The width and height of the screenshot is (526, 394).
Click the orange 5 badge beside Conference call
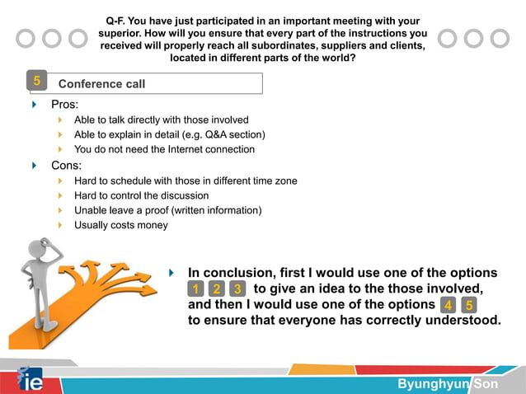(36, 81)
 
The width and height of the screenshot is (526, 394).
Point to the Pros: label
(65, 105)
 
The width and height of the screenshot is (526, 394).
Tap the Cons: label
(67, 165)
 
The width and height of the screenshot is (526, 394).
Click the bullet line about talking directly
(161, 120)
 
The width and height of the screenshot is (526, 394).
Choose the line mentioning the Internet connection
(164, 149)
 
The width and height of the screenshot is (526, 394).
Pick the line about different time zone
(186, 181)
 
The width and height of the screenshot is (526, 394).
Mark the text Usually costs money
(120, 225)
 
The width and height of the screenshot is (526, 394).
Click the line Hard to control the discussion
(141, 195)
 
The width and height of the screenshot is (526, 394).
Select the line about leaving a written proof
(167, 210)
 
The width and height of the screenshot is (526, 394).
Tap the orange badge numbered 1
(195, 288)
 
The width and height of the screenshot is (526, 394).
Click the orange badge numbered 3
(237, 288)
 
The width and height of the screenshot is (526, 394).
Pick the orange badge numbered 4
(447, 305)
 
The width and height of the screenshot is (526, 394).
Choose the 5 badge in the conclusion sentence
(468, 305)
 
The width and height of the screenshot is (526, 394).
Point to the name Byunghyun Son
(448, 384)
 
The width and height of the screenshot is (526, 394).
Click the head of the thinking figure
(41, 249)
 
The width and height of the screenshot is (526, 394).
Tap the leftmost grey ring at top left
(26, 39)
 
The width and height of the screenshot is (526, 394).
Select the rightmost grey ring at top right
(499, 39)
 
